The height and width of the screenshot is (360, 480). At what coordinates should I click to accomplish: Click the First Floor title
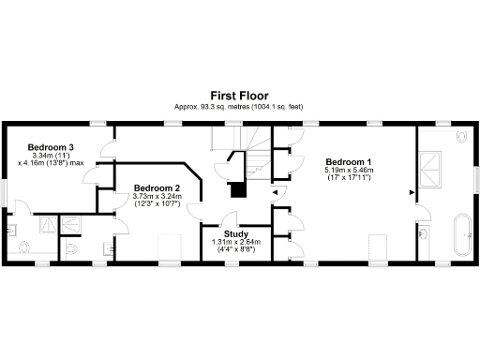click(x=240, y=96)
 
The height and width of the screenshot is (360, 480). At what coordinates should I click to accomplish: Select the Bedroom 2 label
click(x=157, y=187)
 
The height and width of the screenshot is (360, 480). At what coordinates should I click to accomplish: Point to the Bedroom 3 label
click(x=51, y=147)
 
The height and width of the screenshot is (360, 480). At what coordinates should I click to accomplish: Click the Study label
click(x=235, y=232)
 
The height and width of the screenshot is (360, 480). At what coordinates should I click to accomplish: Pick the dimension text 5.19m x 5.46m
click(x=348, y=171)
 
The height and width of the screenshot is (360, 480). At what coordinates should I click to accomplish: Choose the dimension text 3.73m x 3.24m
click(x=157, y=195)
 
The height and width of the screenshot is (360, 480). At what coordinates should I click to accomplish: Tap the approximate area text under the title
click(x=240, y=107)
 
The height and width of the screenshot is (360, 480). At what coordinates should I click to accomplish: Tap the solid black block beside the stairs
click(x=238, y=189)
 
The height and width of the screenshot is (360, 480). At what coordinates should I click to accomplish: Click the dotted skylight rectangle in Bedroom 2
click(x=169, y=248)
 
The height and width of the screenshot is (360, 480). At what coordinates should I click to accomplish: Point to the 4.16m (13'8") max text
click(x=51, y=163)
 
